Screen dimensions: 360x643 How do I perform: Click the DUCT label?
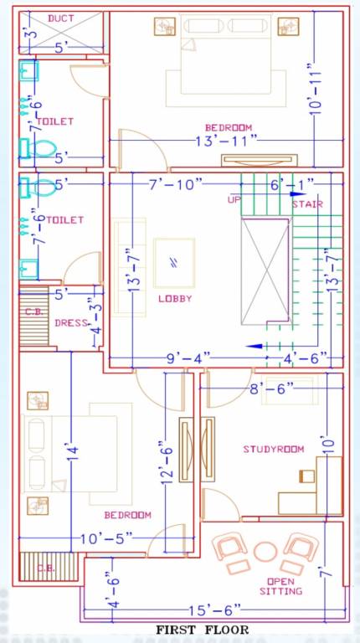(61, 18)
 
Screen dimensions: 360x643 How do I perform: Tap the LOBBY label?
(175, 299)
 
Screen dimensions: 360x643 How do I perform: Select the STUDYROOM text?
(274, 449)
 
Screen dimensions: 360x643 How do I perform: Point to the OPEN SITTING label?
(280, 586)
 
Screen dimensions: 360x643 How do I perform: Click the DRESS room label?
(71, 322)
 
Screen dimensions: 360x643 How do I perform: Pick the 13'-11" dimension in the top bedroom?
(226, 141)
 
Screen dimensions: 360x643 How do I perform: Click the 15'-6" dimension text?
(211, 610)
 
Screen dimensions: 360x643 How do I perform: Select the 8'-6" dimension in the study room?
(272, 388)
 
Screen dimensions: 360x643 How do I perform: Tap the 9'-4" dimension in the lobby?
(188, 358)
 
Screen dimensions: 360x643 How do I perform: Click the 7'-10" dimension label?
(176, 184)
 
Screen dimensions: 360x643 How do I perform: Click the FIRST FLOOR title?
(202, 630)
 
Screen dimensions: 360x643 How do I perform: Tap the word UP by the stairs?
(234, 199)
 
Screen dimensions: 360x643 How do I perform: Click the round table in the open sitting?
(265, 552)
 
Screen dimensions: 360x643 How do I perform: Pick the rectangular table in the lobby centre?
(174, 263)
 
